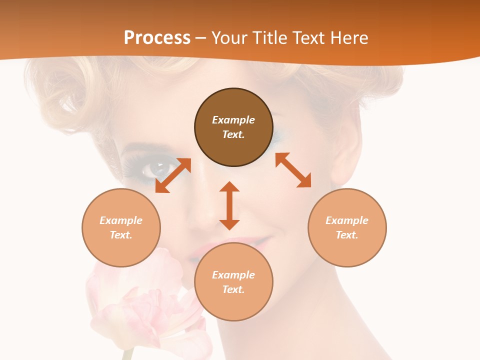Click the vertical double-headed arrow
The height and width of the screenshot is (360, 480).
(229, 205)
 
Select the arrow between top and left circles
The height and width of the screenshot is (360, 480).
(173, 175)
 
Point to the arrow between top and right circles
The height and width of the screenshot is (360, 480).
(293, 170)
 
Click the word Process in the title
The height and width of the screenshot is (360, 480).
(157, 38)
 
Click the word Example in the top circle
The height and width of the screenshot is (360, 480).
(233, 120)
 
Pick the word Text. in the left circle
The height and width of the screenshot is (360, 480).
(121, 235)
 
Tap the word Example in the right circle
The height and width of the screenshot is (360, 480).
(347, 220)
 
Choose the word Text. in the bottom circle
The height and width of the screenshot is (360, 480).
(233, 289)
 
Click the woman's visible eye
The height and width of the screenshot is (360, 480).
(152, 170)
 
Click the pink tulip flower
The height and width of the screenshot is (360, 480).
(145, 305)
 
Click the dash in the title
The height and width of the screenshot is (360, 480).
(201, 38)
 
